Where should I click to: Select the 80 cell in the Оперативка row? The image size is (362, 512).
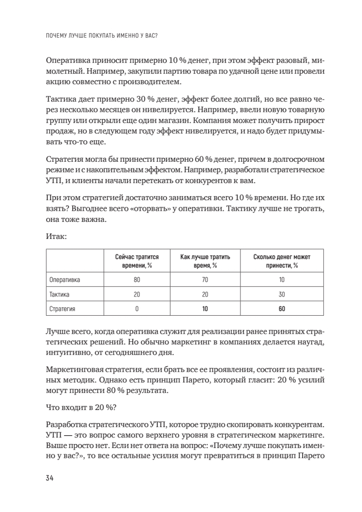pyautogui.click(x=137, y=280)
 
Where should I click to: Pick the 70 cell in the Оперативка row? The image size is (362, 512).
pyautogui.click(x=205, y=280)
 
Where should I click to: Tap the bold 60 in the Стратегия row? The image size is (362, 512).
pyautogui.click(x=282, y=309)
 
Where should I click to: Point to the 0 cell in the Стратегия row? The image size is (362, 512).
pyautogui.click(x=137, y=309)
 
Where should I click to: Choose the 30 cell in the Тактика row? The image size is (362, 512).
pyautogui.click(x=282, y=295)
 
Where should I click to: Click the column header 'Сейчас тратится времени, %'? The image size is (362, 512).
pyautogui.click(x=137, y=261)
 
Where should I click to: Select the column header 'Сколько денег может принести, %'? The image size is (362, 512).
pyautogui.click(x=282, y=261)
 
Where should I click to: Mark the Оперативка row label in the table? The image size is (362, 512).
pyautogui.click(x=65, y=280)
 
